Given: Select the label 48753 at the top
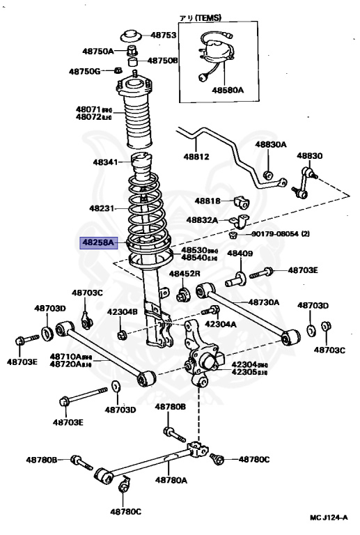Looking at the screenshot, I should pos(164,35).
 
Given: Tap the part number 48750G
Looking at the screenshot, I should pos(84,71).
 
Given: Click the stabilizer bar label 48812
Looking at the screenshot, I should pos(196,157).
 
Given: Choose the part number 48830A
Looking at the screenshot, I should pos(270,144).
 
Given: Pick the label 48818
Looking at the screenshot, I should pos(208,201).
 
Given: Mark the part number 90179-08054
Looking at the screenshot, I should pos(276,235).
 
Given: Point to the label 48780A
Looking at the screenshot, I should pos(171,480).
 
